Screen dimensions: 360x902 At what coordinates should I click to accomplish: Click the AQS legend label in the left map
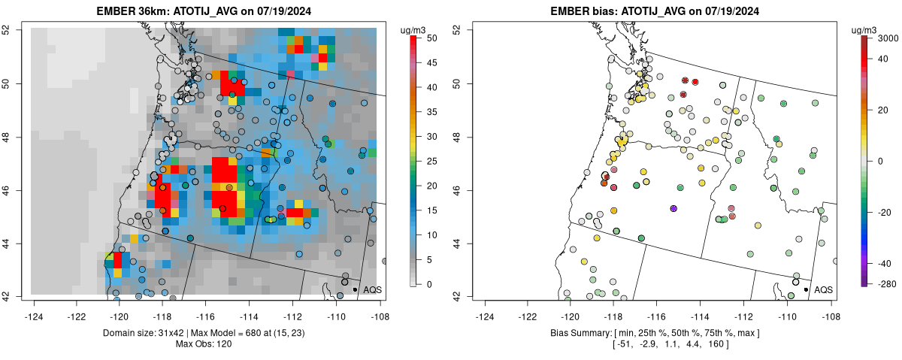pyautogui.click(x=372, y=289)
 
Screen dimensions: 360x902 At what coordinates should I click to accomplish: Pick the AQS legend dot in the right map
pyautogui.click(x=805, y=289)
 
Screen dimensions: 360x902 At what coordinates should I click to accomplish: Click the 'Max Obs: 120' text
pyautogui.click(x=204, y=344)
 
